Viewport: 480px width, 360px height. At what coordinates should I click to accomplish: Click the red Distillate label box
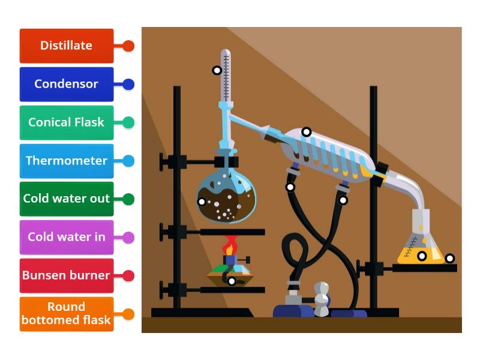click(66, 46)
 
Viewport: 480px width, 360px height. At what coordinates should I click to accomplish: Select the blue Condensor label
click(66, 84)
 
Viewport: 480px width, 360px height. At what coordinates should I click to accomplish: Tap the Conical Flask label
click(66, 122)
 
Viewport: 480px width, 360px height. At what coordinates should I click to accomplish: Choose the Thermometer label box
click(66, 161)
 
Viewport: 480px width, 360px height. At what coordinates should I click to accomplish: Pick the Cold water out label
click(66, 199)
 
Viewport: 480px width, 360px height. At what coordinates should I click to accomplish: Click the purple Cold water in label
click(66, 237)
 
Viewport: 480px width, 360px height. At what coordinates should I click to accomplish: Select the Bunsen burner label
click(66, 275)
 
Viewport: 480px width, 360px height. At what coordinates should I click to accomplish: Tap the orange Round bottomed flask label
click(66, 314)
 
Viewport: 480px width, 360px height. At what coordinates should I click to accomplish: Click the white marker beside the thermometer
click(217, 70)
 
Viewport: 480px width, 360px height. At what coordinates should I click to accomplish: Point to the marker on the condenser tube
click(306, 132)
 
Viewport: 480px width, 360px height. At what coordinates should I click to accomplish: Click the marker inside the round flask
click(202, 202)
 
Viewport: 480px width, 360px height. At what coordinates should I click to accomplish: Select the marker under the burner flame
click(232, 281)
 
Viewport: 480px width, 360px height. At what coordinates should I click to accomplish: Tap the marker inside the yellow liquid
click(422, 256)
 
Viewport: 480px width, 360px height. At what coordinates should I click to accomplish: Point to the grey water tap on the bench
click(322, 298)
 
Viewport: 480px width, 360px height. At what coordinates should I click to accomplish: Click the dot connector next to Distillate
click(128, 46)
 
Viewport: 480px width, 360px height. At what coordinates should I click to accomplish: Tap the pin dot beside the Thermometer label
click(128, 161)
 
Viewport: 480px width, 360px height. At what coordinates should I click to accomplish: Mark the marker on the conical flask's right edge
click(449, 259)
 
